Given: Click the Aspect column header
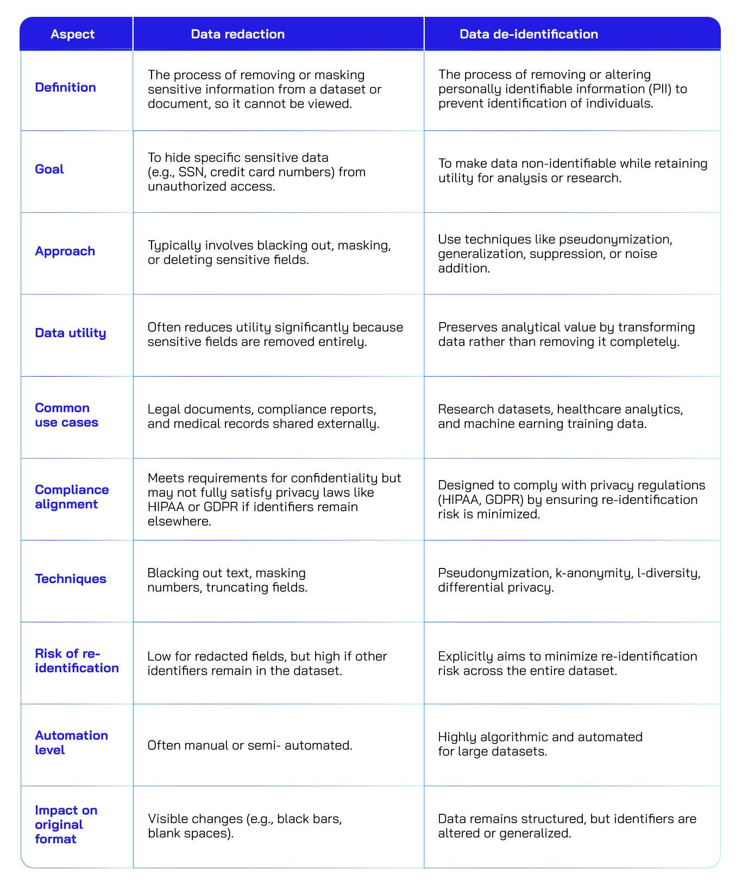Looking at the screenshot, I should click(x=72, y=34).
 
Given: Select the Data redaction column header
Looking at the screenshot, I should click(x=237, y=34).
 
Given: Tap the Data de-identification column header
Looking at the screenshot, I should click(x=528, y=34).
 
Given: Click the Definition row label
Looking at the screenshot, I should click(x=65, y=87).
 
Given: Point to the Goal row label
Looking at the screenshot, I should click(x=49, y=169).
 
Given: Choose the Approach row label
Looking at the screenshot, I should click(x=65, y=251).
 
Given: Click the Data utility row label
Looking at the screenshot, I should click(x=70, y=333).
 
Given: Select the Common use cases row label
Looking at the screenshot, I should click(x=66, y=415).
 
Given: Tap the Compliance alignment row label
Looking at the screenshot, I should click(x=72, y=497).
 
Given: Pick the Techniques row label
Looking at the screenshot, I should click(x=71, y=579).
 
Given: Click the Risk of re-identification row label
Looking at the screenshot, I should click(x=77, y=661).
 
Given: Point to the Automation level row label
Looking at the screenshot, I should click(x=71, y=743).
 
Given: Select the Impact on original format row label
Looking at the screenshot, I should click(x=66, y=825).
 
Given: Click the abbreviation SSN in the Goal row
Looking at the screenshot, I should click(x=190, y=172).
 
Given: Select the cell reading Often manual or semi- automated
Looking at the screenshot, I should click(x=250, y=746).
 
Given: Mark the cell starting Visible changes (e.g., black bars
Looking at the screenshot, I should click(x=245, y=826).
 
